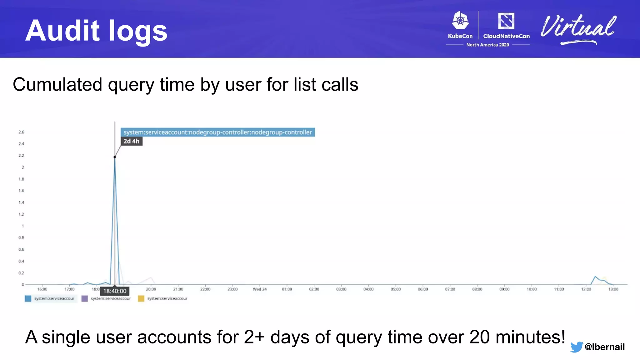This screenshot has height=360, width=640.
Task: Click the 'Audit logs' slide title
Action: (x=96, y=31)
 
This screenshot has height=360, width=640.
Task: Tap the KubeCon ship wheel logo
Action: (x=460, y=21)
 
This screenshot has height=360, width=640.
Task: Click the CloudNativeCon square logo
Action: (x=506, y=21)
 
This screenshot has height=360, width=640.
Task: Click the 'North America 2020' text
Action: (x=487, y=45)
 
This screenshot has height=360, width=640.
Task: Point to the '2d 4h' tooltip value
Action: (x=131, y=141)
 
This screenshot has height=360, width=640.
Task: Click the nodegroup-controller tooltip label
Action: (x=217, y=132)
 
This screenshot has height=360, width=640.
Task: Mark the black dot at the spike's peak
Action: (x=115, y=157)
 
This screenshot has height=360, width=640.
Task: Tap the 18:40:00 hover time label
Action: (x=115, y=291)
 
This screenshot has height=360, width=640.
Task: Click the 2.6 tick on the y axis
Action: (x=21, y=132)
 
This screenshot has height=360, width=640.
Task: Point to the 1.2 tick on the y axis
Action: (x=21, y=214)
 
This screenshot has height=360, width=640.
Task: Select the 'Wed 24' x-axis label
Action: (x=260, y=289)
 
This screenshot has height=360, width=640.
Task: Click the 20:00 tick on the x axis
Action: (x=151, y=289)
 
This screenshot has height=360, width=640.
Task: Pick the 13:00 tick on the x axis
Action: (x=613, y=289)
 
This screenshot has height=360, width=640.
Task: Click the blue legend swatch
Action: (x=28, y=299)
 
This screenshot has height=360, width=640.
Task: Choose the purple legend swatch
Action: (x=84, y=299)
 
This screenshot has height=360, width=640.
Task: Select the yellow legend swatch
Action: (x=141, y=299)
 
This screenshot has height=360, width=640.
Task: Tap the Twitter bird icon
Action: (x=576, y=347)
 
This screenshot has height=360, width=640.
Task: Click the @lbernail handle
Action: (x=604, y=347)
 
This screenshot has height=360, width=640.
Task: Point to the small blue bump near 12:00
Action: (x=595, y=277)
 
